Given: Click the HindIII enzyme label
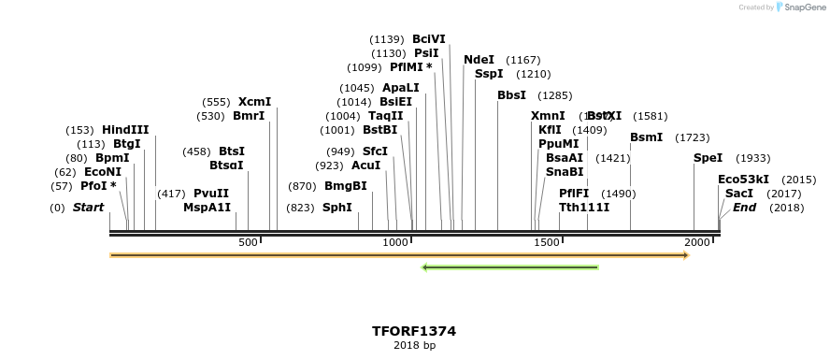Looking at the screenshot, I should [x=125, y=130].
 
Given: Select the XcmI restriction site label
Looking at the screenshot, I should [x=254, y=102].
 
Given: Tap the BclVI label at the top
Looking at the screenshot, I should [x=429, y=39].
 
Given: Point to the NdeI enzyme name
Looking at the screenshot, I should [x=479, y=60].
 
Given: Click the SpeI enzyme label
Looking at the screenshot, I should [x=708, y=158].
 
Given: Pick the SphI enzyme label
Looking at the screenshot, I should [x=337, y=208].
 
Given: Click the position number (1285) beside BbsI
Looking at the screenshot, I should [x=555, y=95].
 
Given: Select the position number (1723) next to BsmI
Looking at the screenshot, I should [x=693, y=137].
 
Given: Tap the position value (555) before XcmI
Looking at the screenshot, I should [x=216, y=102].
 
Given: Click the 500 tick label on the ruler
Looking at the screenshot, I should [x=248, y=242].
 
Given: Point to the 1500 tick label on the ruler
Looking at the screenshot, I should [x=547, y=242].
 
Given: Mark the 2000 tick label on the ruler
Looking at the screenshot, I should [x=696, y=242].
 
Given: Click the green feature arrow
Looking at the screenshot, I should [x=510, y=267].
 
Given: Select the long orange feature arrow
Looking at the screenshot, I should [x=399, y=254].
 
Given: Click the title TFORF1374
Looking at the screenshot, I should [x=414, y=331].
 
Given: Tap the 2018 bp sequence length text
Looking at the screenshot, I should [x=414, y=346].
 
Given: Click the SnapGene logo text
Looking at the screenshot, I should [x=803, y=7].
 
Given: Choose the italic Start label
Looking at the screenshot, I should [x=88, y=208].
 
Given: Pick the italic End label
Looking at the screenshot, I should [x=744, y=208].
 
